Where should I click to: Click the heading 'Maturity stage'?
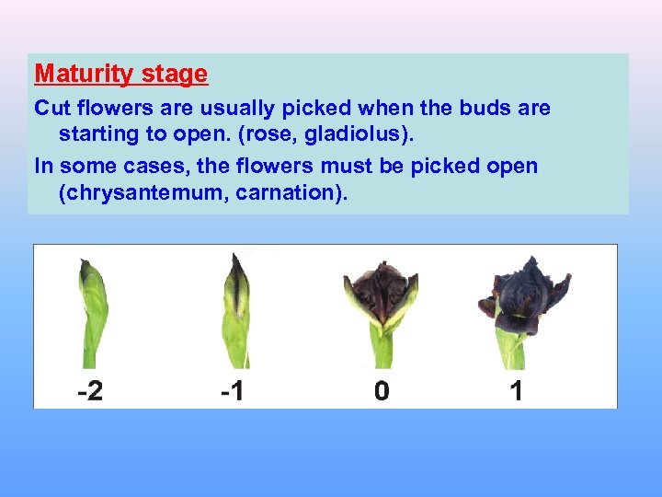(x=121, y=73)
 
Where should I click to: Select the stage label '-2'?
(x=90, y=391)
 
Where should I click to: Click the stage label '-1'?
(x=233, y=391)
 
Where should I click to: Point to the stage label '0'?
(x=382, y=391)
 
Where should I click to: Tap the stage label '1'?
(x=516, y=391)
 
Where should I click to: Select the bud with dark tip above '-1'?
(x=235, y=308)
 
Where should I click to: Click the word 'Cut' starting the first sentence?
(x=51, y=108)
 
